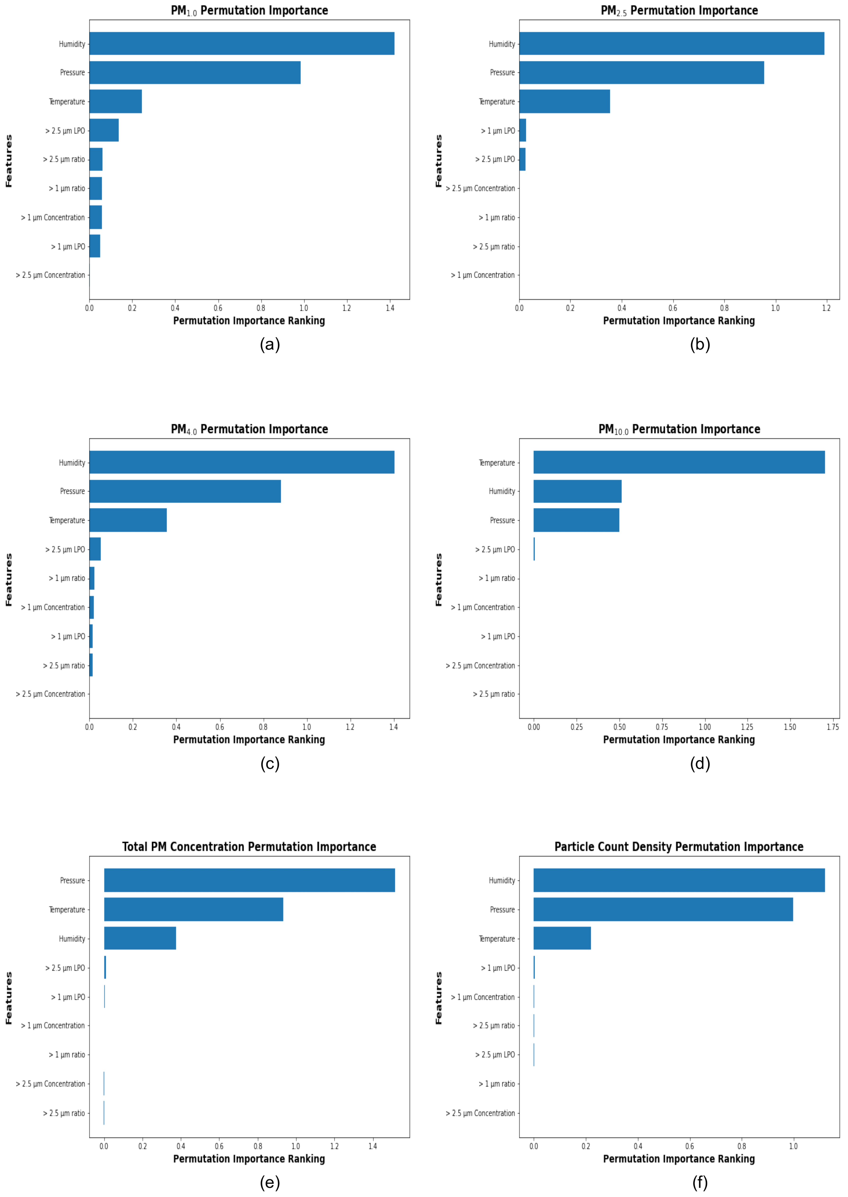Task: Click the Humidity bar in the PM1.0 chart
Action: coord(242,43)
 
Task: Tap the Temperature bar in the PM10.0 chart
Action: coord(679,463)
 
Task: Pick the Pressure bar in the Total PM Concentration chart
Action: coord(249,880)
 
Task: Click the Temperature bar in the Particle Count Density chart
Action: coord(562,939)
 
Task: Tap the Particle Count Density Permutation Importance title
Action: coord(679,847)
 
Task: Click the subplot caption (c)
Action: coord(270,764)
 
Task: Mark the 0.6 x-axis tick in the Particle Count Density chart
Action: coord(689,1146)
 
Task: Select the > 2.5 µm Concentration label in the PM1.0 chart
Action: coord(50,275)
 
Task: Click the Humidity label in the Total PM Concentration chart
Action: coord(72,939)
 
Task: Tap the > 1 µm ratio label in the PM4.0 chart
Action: coord(67,578)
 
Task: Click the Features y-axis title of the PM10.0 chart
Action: coord(439,580)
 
